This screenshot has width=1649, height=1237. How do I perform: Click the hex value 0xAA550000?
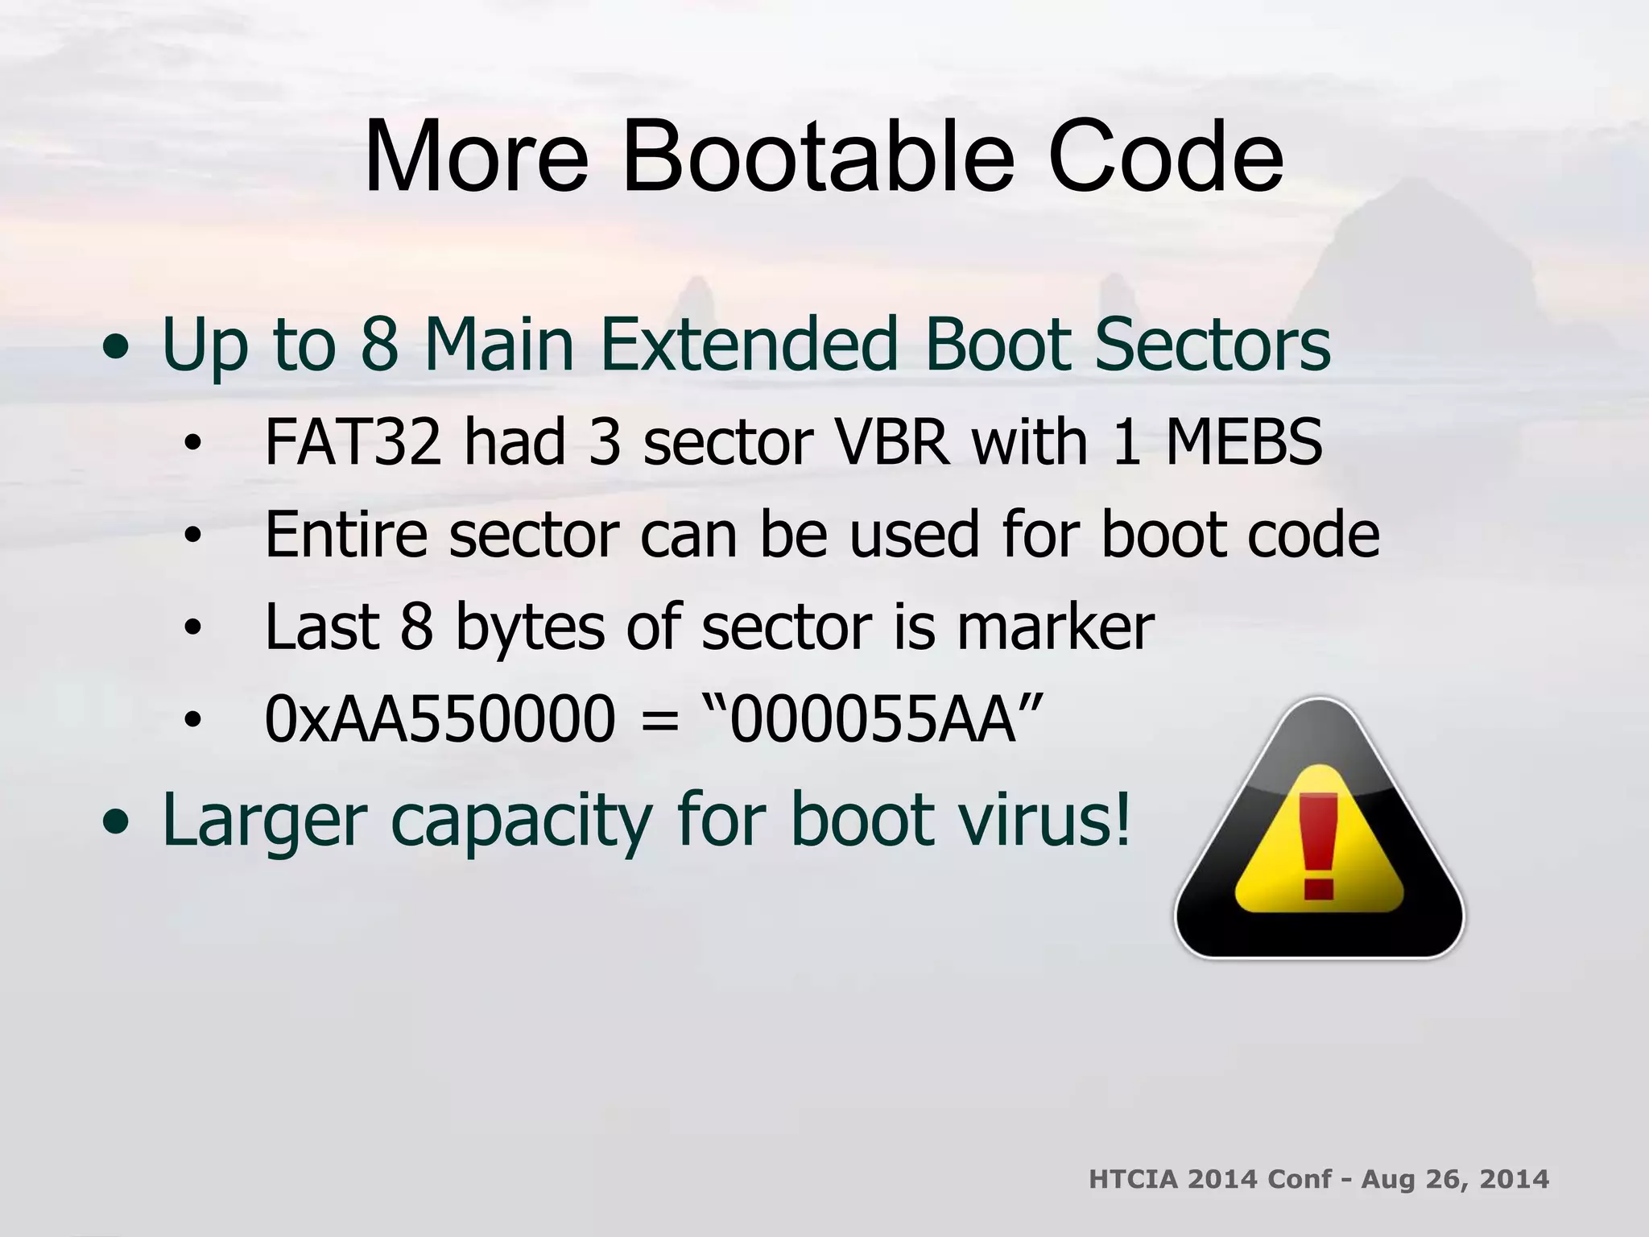click(x=440, y=718)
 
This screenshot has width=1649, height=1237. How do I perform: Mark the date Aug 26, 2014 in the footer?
click(x=1455, y=1179)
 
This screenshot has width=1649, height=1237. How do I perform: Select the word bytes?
click(x=529, y=628)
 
